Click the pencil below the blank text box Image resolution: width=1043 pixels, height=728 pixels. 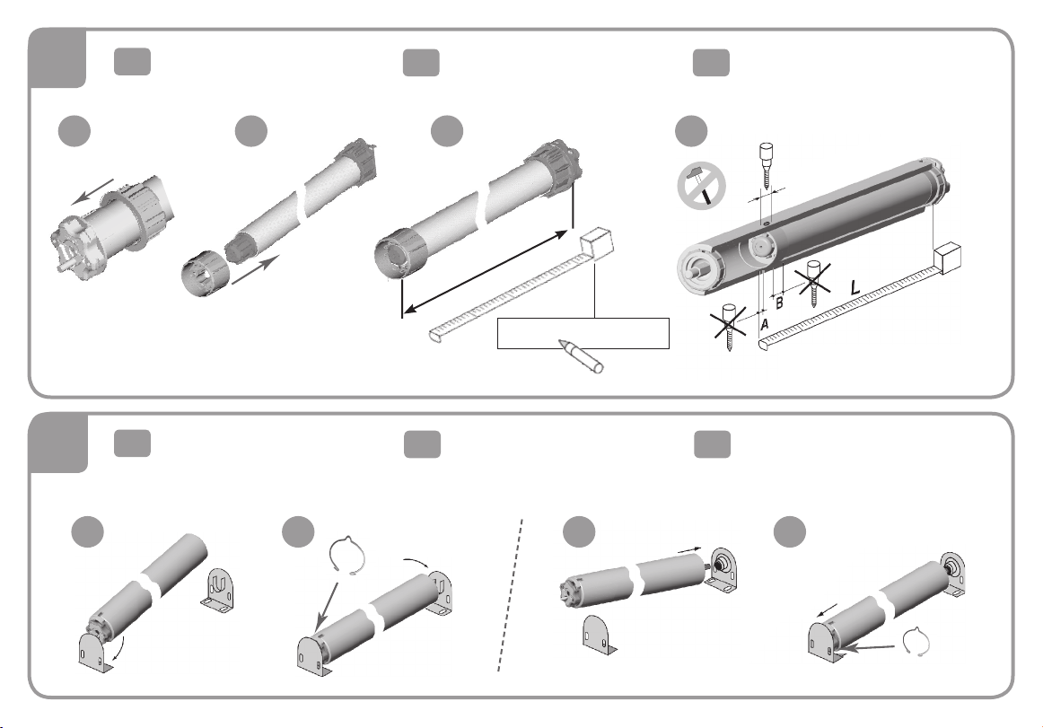tap(581, 356)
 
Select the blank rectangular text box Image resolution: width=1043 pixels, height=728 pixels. tap(583, 333)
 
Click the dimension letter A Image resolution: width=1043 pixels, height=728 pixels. tap(765, 324)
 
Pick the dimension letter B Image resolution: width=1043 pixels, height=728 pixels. tap(780, 303)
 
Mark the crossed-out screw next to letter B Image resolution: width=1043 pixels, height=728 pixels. tap(813, 283)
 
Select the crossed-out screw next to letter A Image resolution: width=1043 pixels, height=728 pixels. tap(729, 327)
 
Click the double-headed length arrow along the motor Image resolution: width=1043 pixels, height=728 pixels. tap(485, 269)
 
